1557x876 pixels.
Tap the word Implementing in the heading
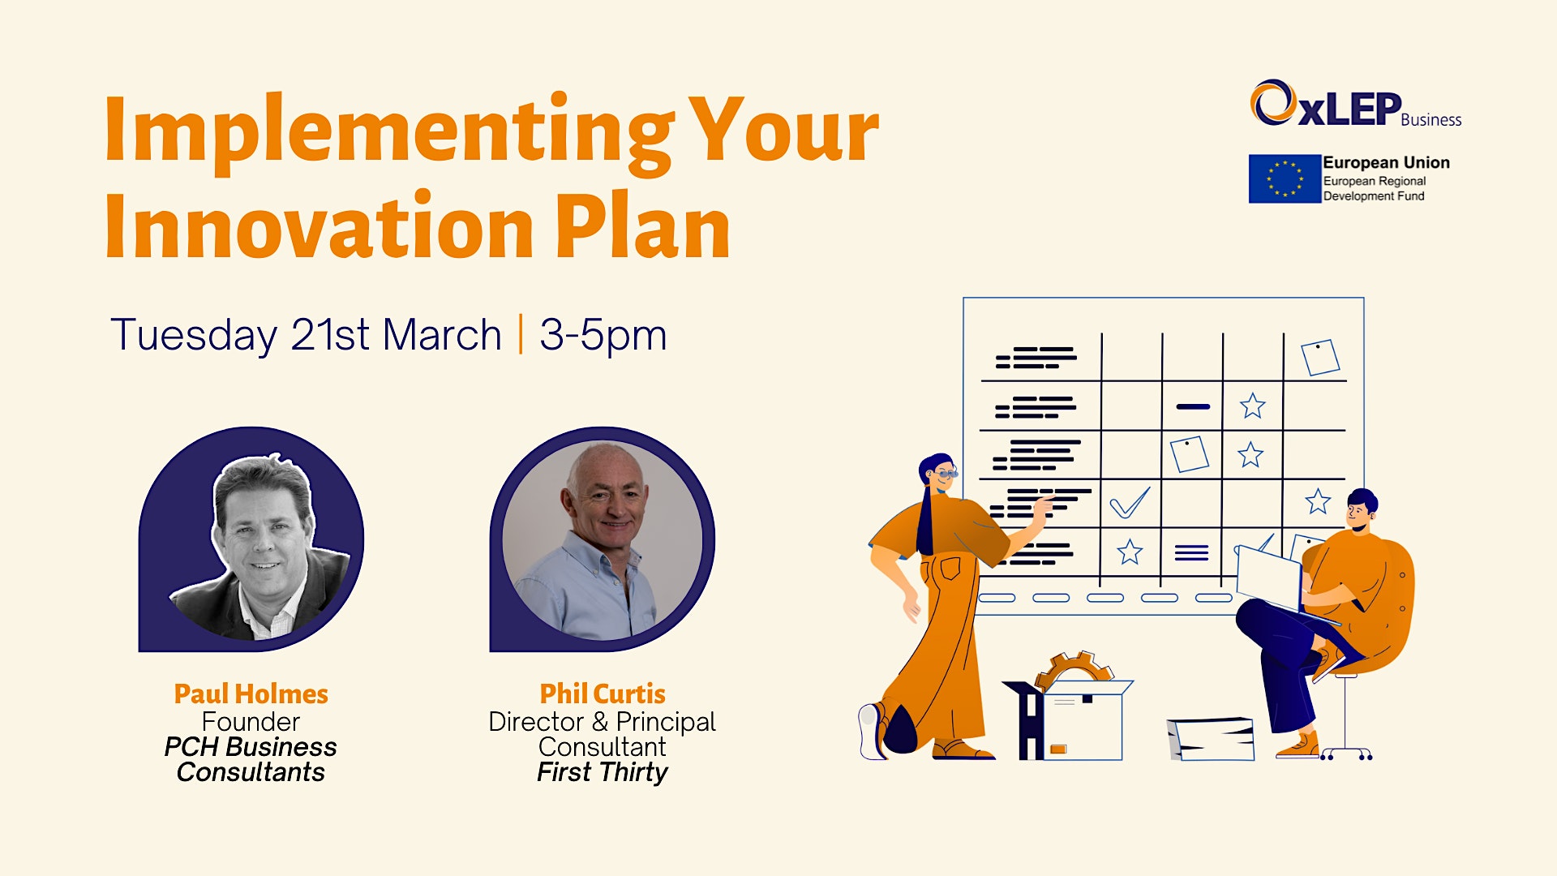point(389,132)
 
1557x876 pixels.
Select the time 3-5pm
point(603,336)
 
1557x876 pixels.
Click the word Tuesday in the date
point(194,336)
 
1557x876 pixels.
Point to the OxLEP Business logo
point(1355,104)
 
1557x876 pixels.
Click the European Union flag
point(1285,178)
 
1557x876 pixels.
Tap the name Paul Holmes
point(251,694)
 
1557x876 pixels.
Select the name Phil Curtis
point(603,694)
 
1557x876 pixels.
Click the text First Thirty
point(603,772)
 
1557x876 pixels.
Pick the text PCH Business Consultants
point(251,759)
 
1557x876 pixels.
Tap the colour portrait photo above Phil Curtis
point(602,540)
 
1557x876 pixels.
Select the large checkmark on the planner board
point(1130,502)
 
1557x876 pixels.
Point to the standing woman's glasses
point(946,472)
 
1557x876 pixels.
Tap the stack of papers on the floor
point(1211,739)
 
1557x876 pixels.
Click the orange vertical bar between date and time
point(521,334)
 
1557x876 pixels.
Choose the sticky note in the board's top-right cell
point(1320,358)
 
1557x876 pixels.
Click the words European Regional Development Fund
point(1375,189)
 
